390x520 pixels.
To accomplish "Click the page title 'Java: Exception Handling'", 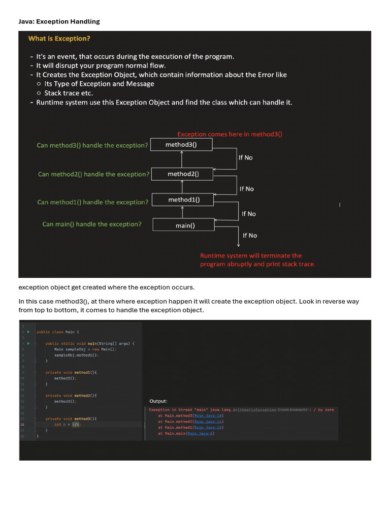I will (59, 21).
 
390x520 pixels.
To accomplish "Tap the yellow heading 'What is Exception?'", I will (59, 39).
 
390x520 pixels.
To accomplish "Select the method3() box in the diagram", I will (181, 145).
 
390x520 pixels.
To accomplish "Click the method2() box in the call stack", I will (183, 174).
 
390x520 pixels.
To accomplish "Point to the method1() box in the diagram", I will (184, 200).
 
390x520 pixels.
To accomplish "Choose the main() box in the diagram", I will (185, 225).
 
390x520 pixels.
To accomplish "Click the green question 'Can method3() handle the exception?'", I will (92, 145).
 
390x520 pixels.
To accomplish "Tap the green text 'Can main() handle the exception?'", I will (92, 224).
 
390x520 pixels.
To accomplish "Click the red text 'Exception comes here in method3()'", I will (230, 134).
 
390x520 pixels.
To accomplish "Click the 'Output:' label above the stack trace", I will (158, 401).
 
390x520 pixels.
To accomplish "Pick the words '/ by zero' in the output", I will (324, 410).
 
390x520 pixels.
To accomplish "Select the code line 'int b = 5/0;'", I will (67, 425).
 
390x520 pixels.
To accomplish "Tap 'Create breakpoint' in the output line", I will (293, 409).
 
